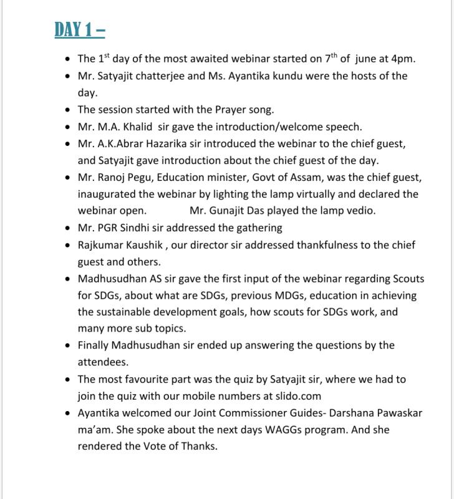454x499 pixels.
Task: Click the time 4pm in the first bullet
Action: pos(403,59)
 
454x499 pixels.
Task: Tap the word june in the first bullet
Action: pos(368,59)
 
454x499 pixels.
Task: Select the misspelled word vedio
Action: pos(362,211)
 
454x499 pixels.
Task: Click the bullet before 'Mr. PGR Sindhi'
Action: pos(67,228)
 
